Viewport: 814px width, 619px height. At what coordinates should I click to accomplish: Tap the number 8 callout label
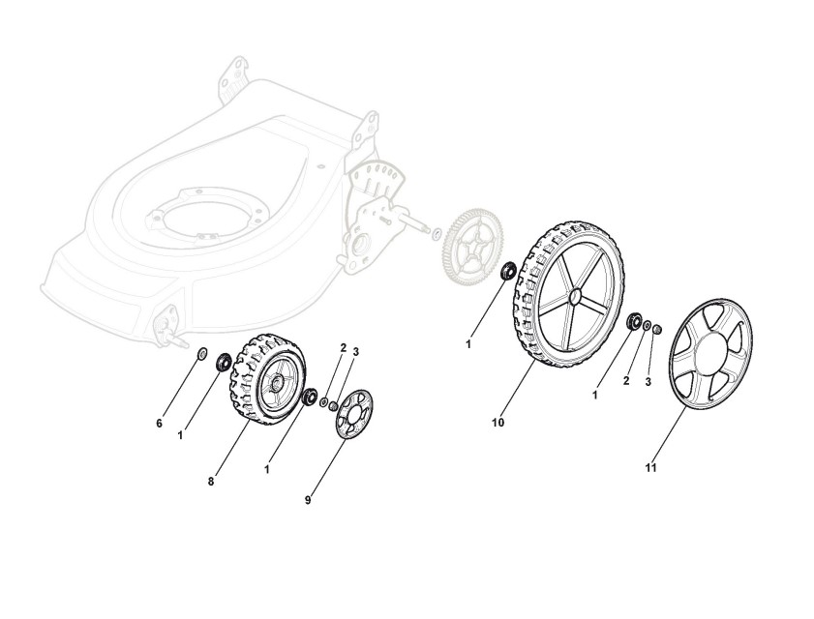(212, 480)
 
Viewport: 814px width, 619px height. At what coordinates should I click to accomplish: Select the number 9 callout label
(308, 499)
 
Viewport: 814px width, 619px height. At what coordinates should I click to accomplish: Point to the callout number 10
(497, 423)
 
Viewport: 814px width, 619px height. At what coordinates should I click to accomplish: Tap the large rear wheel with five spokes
(565, 300)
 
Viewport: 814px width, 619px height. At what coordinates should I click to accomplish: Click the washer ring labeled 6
(200, 353)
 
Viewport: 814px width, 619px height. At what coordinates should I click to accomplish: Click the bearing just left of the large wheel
(507, 272)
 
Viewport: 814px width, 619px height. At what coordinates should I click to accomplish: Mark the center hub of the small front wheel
(277, 382)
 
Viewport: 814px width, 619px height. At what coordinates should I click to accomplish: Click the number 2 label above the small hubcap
(342, 347)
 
